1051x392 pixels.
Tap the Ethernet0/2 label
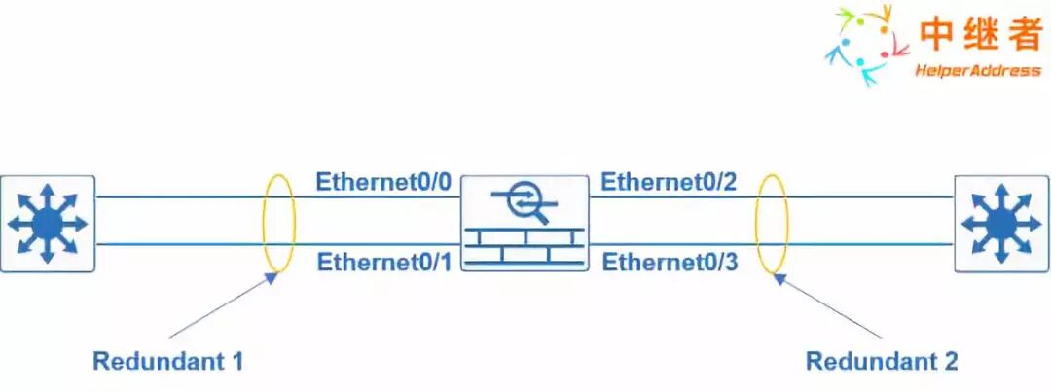(x=670, y=182)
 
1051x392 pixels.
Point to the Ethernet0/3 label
(x=670, y=262)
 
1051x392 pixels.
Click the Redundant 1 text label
(x=167, y=362)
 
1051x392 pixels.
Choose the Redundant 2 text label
(x=882, y=362)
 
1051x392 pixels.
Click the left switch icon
(x=47, y=223)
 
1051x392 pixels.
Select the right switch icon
(x=1001, y=223)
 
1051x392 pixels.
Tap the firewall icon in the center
(x=525, y=223)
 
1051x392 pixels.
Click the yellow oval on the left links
(x=278, y=223)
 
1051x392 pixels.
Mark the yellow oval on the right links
(x=772, y=223)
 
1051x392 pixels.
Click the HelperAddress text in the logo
(x=977, y=71)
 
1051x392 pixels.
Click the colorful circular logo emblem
(x=859, y=44)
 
